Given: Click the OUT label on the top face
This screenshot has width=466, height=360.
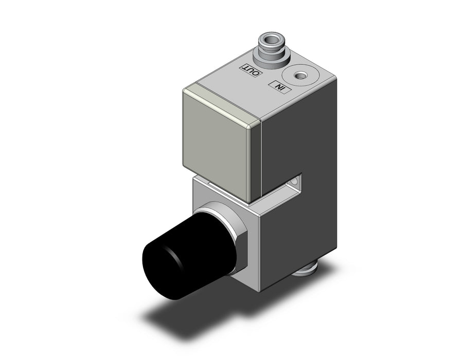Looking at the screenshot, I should pyautogui.click(x=253, y=70).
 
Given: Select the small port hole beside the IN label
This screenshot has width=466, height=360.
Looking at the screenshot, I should pyautogui.click(x=299, y=77).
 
